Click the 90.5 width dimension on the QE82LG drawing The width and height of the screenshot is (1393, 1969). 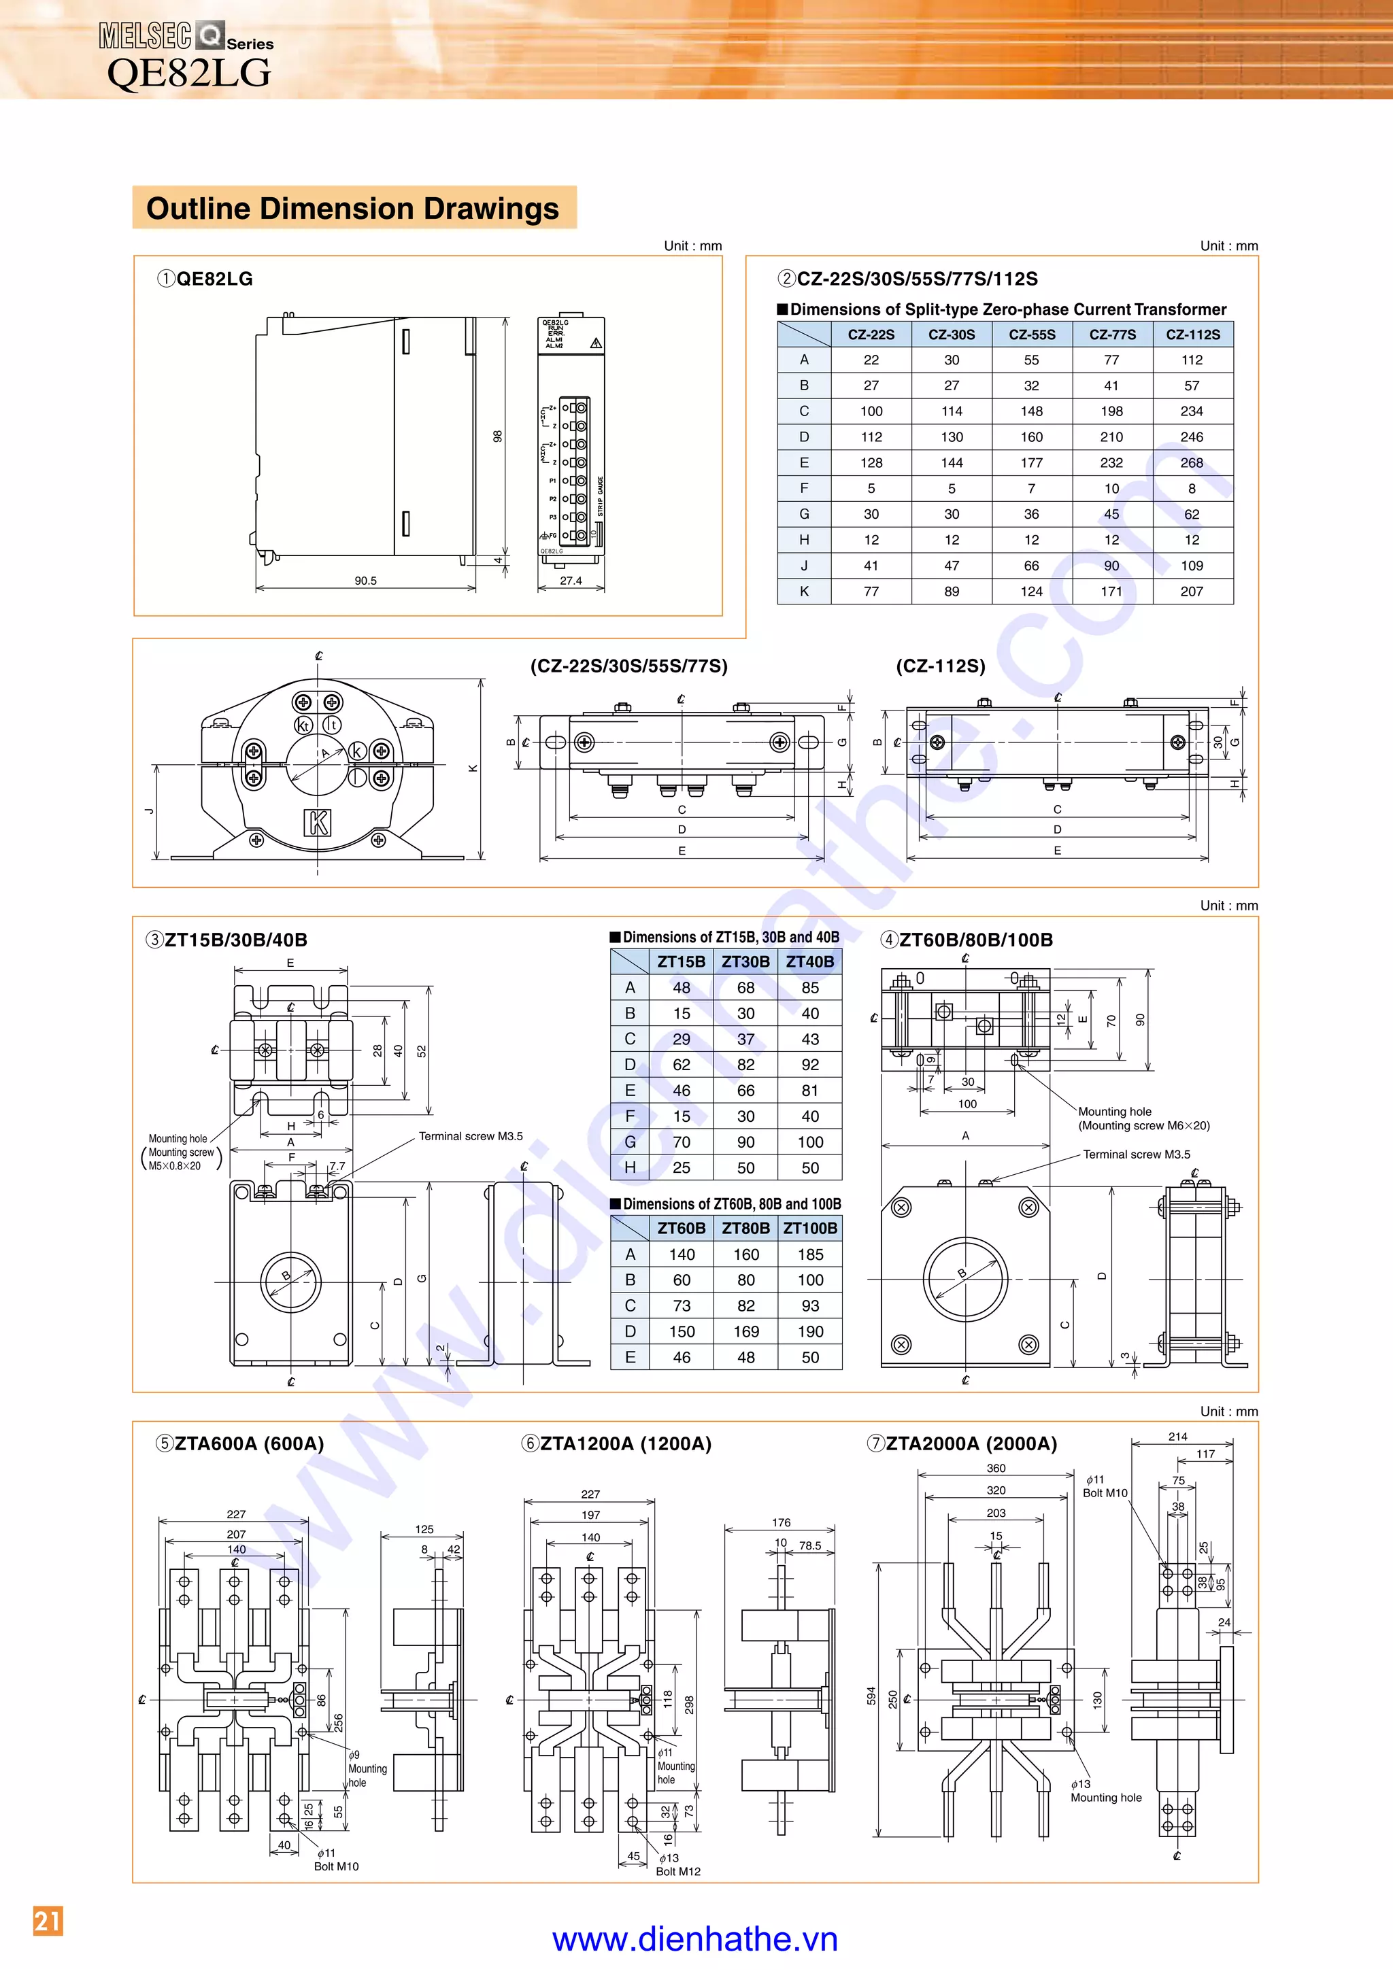[x=365, y=581]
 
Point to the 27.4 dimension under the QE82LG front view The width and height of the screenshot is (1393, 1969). [x=571, y=581]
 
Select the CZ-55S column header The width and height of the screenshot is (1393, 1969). [x=1031, y=335]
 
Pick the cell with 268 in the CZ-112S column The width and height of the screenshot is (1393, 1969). [x=1192, y=462]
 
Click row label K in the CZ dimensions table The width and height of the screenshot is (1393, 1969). [x=804, y=591]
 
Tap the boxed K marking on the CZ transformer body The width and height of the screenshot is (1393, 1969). [x=318, y=821]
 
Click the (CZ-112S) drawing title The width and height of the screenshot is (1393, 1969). [x=940, y=666]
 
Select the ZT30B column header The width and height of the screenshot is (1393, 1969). [x=745, y=961]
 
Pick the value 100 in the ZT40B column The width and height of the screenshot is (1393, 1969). [x=809, y=1142]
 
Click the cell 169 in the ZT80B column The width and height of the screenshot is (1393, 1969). [x=745, y=1331]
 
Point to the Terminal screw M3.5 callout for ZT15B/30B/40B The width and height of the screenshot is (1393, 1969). [x=470, y=1136]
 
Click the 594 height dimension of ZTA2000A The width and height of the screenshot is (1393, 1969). [x=871, y=1696]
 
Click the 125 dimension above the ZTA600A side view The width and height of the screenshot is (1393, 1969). [x=424, y=1529]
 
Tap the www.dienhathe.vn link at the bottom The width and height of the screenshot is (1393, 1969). [x=694, y=1939]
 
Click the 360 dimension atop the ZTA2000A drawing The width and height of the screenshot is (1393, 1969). [x=996, y=1467]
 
